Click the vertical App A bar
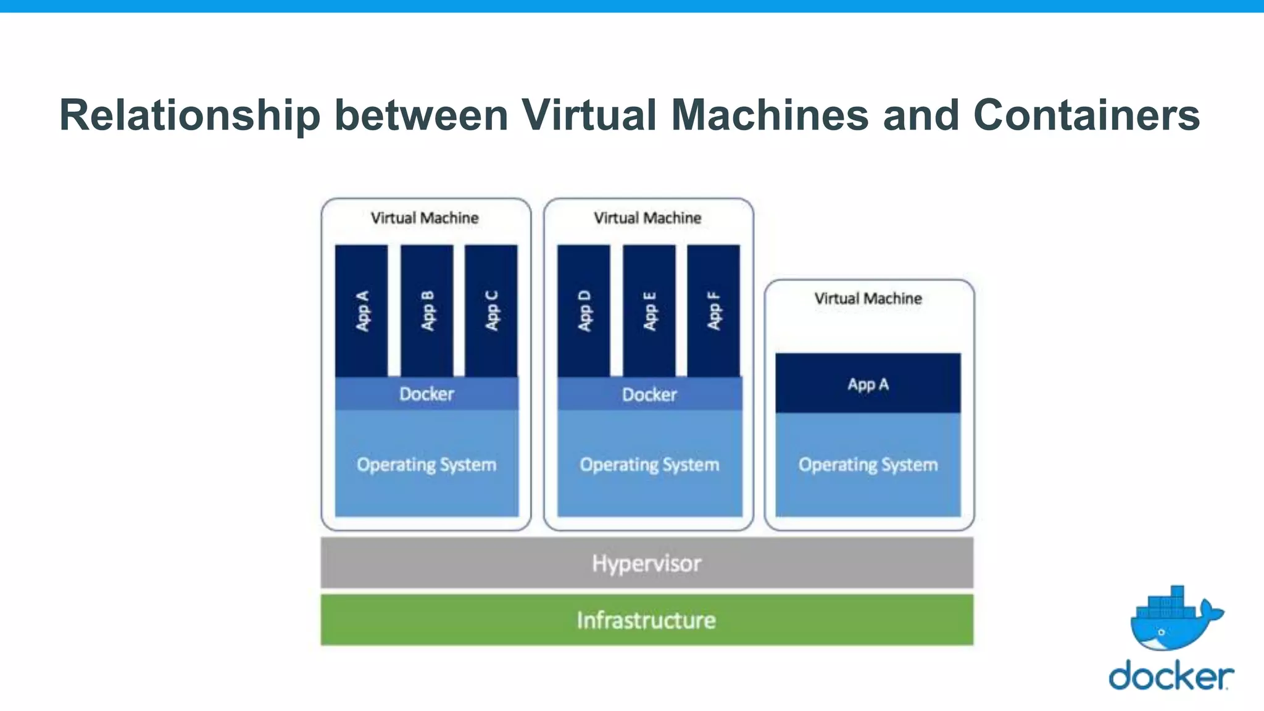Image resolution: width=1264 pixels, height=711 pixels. point(362,310)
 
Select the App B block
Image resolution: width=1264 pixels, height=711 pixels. point(427,310)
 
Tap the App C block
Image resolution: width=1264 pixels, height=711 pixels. point(491,310)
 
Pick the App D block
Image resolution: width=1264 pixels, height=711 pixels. point(584,310)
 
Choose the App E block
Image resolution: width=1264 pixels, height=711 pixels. point(649,310)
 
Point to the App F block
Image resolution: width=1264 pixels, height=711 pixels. point(713,310)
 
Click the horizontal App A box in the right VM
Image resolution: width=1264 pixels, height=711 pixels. point(868,384)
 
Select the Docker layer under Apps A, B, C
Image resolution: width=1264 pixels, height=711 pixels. point(426,394)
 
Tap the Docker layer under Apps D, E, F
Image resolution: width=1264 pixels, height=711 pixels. point(649,394)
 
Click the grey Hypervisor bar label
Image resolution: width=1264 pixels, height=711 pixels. point(646,563)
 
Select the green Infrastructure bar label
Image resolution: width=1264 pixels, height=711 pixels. point(646,620)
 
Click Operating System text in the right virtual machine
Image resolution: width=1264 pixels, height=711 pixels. point(868,464)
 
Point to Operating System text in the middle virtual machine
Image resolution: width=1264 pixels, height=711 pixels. point(649,464)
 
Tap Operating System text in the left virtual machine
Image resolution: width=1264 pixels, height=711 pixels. point(426,464)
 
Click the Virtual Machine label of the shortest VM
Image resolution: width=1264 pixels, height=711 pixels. point(868,299)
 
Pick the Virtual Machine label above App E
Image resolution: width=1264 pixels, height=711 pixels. point(647,218)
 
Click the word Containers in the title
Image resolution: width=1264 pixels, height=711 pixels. point(1086,115)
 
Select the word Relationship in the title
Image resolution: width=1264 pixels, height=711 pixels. point(189,115)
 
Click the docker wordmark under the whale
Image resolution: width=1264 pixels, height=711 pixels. point(1171,675)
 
